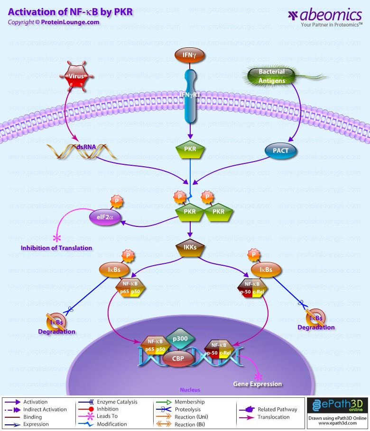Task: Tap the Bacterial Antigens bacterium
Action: coord(272,76)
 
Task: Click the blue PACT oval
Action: coord(280,151)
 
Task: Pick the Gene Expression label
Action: coord(257,384)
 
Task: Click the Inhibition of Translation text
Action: coord(56,248)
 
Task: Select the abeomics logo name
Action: coord(330,15)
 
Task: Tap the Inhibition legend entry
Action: coord(108,409)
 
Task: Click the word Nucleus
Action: coord(190,390)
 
